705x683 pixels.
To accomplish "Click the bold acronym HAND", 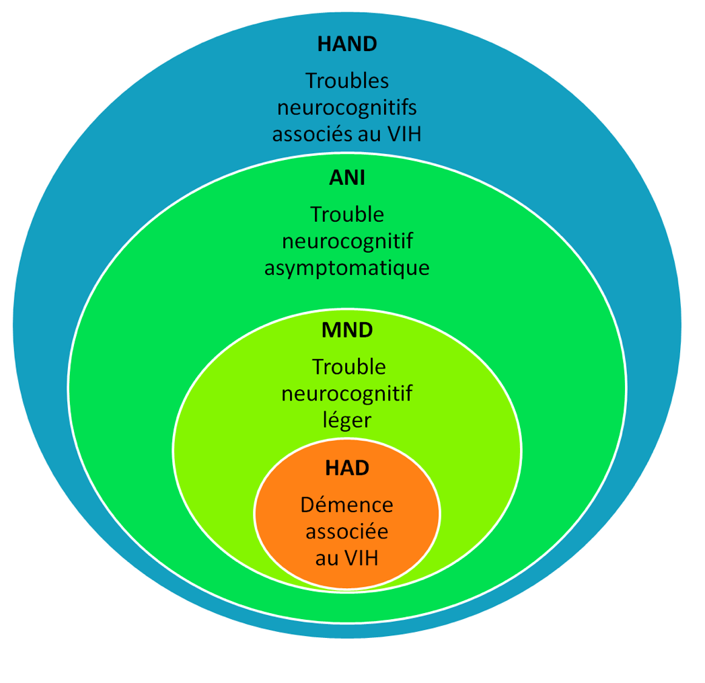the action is pyautogui.click(x=347, y=44).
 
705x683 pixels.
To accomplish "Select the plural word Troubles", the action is pyautogui.click(x=347, y=81).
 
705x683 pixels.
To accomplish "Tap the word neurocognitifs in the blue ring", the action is pyautogui.click(x=347, y=108).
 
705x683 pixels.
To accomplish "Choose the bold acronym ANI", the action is pyautogui.click(x=347, y=178).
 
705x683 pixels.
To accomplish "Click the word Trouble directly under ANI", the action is pyautogui.click(x=347, y=214).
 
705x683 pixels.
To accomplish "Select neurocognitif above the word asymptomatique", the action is pyautogui.click(x=347, y=242).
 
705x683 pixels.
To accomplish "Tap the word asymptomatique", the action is pyautogui.click(x=347, y=268).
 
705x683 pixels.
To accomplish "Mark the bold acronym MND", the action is pyautogui.click(x=347, y=330).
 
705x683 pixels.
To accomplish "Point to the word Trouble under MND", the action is pyautogui.click(x=349, y=367).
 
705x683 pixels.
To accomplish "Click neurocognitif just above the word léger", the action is pyautogui.click(x=347, y=394).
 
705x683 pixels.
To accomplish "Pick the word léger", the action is pyautogui.click(x=347, y=421).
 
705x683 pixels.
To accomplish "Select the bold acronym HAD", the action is pyautogui.click(x=347, y=468).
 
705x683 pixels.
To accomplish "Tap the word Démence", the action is pyautogui.click(x=347, y=505).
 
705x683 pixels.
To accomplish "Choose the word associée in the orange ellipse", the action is pyautogui.click(x=347, y=532).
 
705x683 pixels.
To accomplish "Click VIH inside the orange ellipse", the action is pyautogui.click(x=361, y=559).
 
